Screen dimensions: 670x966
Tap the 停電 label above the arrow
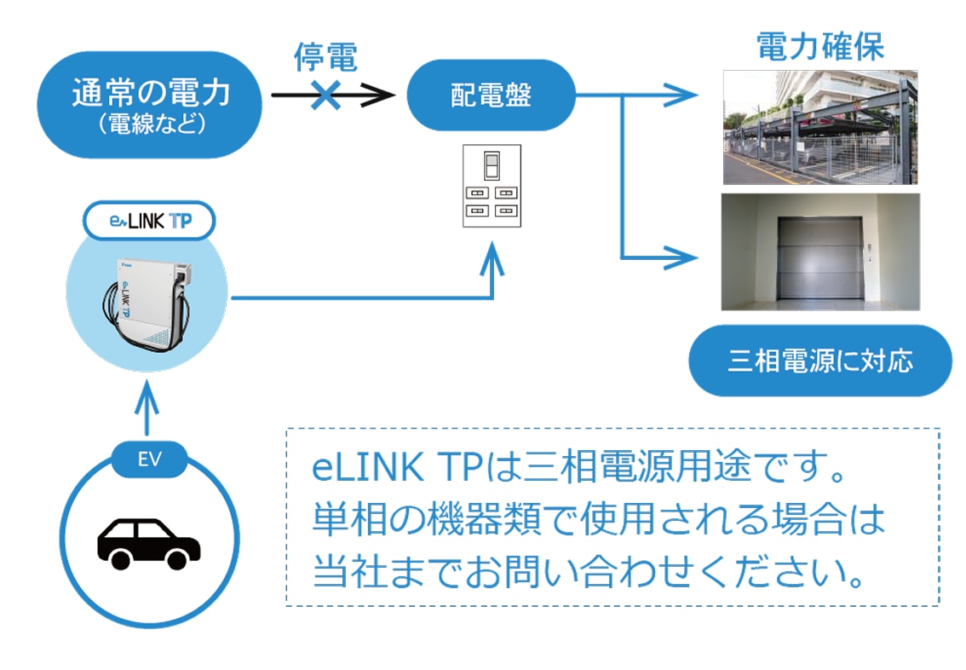(x=325, y=58)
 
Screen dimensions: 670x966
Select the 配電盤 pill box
(x=491, y=95)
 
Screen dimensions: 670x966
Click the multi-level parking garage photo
(x=819, y=127)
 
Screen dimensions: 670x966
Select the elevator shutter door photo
(x=819, y=251)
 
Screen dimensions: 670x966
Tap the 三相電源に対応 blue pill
(x=819, y=361)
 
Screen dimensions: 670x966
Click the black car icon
(x=148, y=542)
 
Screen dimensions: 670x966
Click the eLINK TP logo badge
(x=149, y=222)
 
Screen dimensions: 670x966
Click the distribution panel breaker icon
(x=491, y=186)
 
